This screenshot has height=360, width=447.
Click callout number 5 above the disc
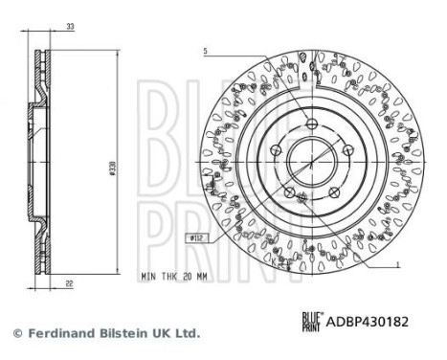pyautogui.click(x=205, y=50)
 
